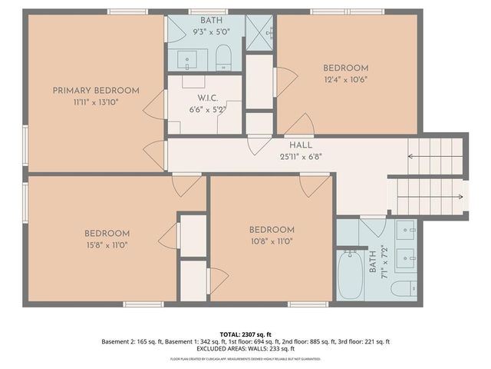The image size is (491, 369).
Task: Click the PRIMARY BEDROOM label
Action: (96, 91)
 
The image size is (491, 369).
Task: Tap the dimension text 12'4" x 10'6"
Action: (346, 78)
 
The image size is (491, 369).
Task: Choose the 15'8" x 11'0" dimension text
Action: (107, 244)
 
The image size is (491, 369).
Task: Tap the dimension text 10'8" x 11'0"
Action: (272, 241)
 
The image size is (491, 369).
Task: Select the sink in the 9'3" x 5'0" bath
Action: (188, 58)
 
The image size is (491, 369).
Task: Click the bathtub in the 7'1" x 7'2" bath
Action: (351, 274)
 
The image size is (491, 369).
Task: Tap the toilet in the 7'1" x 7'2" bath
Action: (402, 288)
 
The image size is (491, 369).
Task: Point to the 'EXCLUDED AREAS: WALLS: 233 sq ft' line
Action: (245, 349)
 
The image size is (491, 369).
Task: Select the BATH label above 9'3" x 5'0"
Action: (208, 20)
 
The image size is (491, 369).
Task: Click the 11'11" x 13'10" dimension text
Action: (96, 101)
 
